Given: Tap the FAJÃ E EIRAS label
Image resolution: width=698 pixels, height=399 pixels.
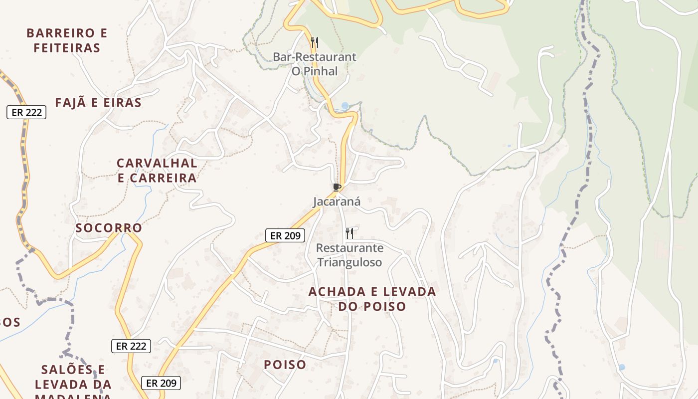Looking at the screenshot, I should pyautogui.click(x=98, y=103).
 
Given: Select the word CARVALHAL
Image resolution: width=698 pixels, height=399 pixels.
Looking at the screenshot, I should pyautogui.click(x=157, y=163).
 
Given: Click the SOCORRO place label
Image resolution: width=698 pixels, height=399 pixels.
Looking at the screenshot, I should pyautogui.click(x=109, y=228).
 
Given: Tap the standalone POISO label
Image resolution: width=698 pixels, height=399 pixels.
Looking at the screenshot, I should pyautogui.click(x=285, y=365).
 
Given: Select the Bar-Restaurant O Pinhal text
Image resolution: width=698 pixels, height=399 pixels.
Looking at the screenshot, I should pyautogui.click(x=314, y=64).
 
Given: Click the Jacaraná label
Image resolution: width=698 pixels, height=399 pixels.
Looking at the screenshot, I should pyautogui.click(x=337, y=202).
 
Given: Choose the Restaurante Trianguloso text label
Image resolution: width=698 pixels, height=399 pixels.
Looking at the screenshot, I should pyautogui.click(x=349, y=255).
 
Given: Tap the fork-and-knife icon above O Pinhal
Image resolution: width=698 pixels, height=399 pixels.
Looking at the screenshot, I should pyautogui.click(x=314, y=42).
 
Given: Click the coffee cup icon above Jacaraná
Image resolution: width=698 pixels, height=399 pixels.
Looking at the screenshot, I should pyautogui.click(x=337, y=187).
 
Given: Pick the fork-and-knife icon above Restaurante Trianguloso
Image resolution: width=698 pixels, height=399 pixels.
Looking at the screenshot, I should pyautogui.click(x=349, y=233).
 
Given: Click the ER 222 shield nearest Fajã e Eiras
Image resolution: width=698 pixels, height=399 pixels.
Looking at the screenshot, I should pyautogui.click(x=26, y=112).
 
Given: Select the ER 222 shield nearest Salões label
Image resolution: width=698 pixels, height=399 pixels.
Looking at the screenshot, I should pyautogui.click(x=131, y=346).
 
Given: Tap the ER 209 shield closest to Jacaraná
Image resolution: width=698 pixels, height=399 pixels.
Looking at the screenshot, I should pyautogui.click(x=285, y=235).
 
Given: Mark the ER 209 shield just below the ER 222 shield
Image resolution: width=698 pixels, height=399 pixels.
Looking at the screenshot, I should pyautogui.click(x=161, y=383).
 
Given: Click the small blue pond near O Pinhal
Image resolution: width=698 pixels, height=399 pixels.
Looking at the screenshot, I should pyautogui.click(x=345, y=106).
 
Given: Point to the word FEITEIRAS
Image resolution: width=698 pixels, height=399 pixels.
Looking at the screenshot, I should pyautogui.click(x=67, y=48).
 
